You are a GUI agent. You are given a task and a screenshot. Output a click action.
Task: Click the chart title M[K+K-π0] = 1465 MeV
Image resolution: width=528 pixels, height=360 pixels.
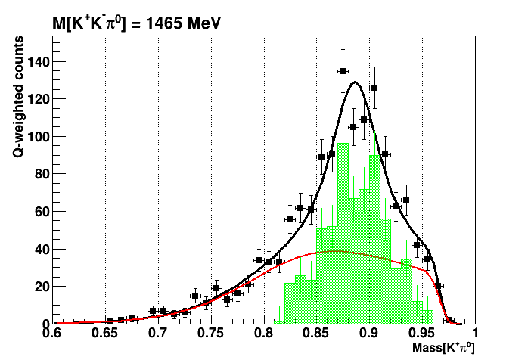tap(135, 24)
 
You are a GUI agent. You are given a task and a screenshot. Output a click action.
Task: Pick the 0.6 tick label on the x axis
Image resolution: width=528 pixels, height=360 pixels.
tap(52, 334)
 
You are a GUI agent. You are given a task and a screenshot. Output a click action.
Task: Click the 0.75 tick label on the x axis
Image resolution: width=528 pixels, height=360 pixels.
tap(211, 334)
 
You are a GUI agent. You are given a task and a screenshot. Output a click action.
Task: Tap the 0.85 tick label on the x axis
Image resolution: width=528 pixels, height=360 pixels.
tap(317, 334)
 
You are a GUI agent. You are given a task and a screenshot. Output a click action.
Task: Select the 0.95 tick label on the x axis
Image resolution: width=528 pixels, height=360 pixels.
tap(422, 334)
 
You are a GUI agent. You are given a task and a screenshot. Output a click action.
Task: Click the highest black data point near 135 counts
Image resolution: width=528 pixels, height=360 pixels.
tap(343, 71)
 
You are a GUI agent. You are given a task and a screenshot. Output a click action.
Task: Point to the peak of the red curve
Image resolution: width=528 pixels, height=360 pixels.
tap(333, 250)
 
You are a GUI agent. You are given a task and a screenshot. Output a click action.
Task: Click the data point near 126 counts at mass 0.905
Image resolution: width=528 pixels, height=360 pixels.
tap(374, 88)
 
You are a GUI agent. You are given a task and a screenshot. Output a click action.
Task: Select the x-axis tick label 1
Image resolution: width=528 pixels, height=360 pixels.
tap(474, 334)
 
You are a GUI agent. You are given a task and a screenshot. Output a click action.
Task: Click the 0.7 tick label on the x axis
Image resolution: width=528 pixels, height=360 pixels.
tap(158, 334)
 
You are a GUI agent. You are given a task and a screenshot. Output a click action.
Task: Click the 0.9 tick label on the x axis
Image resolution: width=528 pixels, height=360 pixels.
tap(369, 334)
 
